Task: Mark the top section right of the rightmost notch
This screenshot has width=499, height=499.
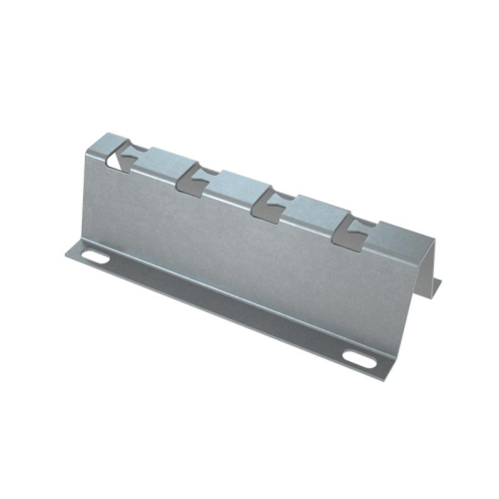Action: click(x=394, y=240)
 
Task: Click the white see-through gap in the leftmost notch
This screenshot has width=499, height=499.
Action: click(x=117, y=157)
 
